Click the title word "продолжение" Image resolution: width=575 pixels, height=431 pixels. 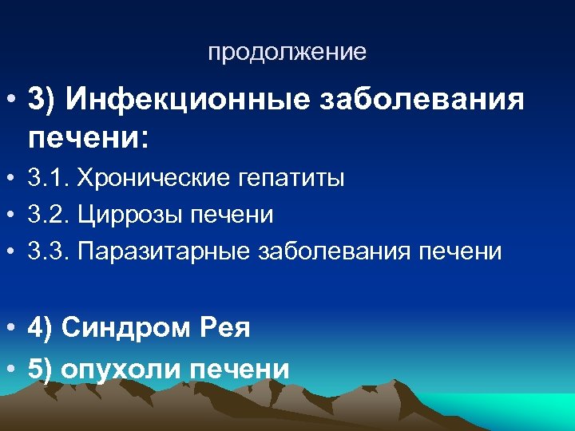(287, 53)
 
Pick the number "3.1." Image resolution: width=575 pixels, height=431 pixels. (47, 178)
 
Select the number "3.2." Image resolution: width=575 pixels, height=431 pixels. (47, 215)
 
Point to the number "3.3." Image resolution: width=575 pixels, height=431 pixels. (47, 251)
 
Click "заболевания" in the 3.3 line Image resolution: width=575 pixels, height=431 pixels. (338, 251)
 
